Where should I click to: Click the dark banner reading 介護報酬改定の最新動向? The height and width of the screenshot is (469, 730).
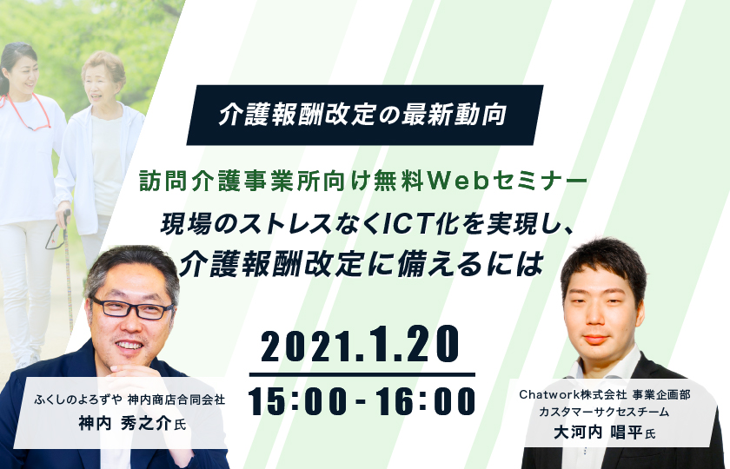coord(364,115)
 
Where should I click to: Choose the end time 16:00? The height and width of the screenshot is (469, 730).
coord(426,401)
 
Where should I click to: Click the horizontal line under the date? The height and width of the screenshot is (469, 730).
coord(362,374)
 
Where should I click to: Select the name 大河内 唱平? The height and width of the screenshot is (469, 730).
coord(598,433)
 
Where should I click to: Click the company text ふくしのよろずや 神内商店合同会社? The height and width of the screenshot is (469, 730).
coord(129,400)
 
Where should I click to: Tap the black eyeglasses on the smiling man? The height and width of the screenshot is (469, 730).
coord(132,308)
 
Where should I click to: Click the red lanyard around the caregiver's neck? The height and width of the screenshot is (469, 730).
coord(29,112)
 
